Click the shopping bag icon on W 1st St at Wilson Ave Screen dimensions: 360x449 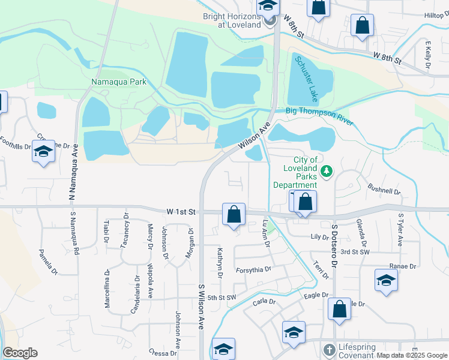pos(234,214)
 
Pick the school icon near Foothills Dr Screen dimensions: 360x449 pos(43,152)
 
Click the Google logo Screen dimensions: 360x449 pos(20,353)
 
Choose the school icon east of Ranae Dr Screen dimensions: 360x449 pos(387,281)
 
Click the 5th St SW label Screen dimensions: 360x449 pos(222,298)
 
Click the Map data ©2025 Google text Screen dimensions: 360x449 pos(412,355)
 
